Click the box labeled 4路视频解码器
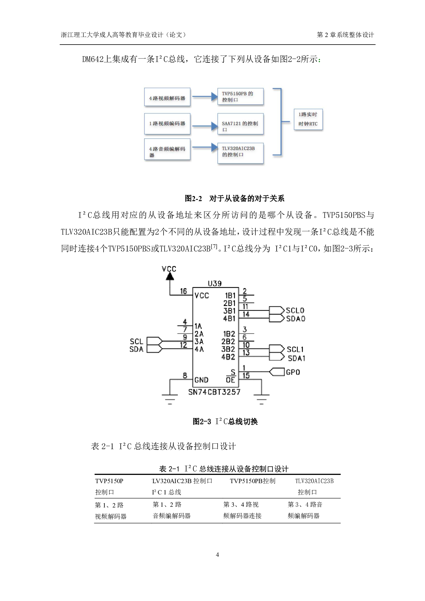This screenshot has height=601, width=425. (167, 98)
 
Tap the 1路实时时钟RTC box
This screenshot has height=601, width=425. (308, 119)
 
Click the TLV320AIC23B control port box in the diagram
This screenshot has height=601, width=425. (240, 152)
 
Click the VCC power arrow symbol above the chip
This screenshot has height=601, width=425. (170, 276)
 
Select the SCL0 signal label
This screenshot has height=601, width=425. (295, 310)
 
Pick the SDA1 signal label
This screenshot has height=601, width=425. (296, 358)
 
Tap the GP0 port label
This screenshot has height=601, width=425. (293, 372)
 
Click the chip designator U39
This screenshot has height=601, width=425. (215, 283)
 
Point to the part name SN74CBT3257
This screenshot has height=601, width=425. (214, 392)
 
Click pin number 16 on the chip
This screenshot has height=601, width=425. (184, 291)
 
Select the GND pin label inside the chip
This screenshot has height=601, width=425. (201, 380)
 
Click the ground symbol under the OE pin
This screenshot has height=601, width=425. (262, 397)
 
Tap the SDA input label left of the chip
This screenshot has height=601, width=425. (136, 349)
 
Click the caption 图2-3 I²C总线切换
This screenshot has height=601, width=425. (225, 421)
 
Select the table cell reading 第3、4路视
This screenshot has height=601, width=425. (241, 504)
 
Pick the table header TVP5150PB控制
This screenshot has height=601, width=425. (252, 481)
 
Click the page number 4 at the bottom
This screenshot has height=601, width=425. (217, 555)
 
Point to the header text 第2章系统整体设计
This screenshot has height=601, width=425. (345, 35)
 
